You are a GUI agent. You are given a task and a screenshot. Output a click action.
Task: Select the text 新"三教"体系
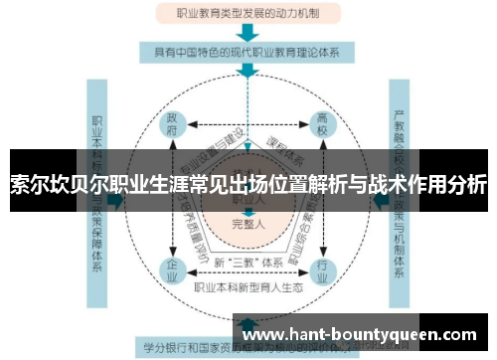coord(247,262)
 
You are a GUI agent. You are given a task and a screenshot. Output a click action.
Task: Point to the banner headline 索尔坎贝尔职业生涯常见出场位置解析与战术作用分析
coord(248,183)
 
